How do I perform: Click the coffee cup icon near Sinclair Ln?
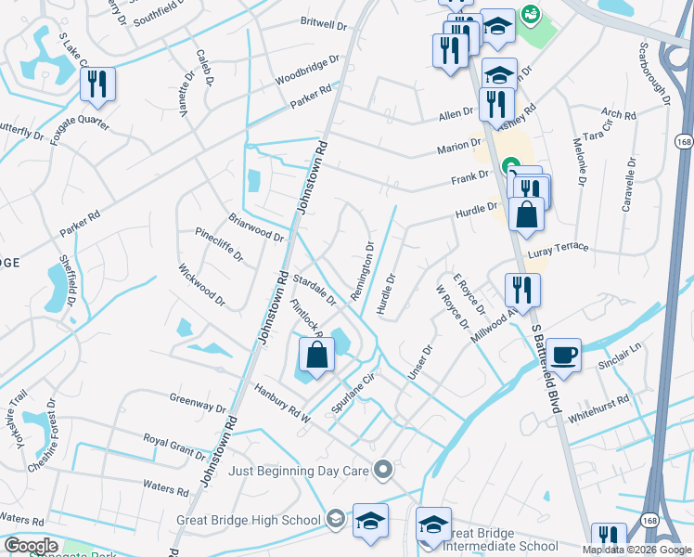pos(563,354)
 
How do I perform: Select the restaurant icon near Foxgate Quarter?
pos(96,84)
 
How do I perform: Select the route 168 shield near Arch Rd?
pos(684,142)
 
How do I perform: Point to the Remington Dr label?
pos(362,272)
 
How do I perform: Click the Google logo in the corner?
pos(31,546)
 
